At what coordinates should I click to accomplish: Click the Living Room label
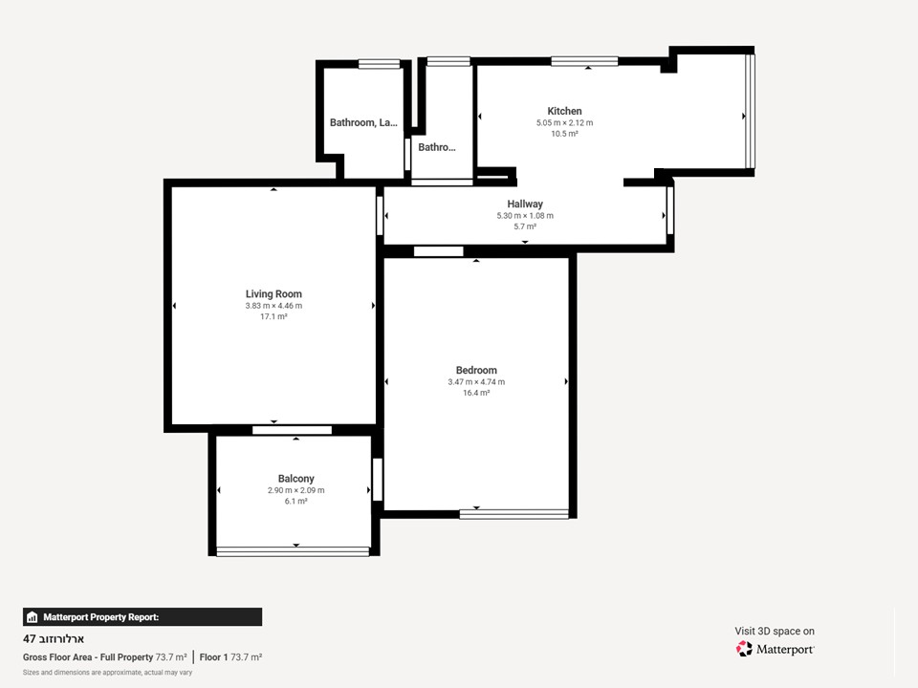[x=273, y=293]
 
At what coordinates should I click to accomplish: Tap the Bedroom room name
[x=476, y=370]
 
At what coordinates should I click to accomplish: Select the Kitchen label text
[x=564, y=111]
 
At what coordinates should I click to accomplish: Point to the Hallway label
[x=525, y=204]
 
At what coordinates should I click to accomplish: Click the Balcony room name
[x=295, y=478]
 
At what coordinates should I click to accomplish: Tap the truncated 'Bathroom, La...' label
[x=363, y=122]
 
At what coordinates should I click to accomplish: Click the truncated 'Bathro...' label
[x=436, y=147]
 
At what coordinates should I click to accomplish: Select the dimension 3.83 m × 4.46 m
[x=273, y=306]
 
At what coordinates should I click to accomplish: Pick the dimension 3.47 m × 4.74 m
[x=476, y=381]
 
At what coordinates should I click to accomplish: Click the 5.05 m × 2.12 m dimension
[x=564, y=123]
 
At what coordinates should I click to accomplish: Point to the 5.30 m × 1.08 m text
[x=525, y=215]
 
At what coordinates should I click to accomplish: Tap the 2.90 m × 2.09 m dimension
[x=295, y=490]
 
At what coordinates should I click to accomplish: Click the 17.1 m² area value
[x=273, y=316]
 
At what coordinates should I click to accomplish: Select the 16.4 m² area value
[x=476, y=393]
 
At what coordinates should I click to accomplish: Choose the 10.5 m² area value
[x=564, y=134]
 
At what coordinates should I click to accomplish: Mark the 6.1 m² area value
[x=295, y=501]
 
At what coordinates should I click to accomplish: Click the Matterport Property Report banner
[x=142, y=616]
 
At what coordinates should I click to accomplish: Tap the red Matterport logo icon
[x=744, y=648]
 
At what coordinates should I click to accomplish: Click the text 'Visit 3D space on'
[x=774, y=631]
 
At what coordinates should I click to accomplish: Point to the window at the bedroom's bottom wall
[x=514, y=514]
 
